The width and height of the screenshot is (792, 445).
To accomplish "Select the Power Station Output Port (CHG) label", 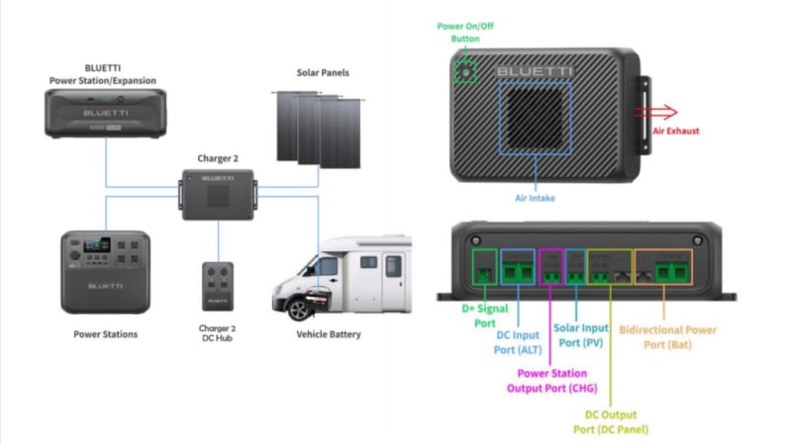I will coord(553,380).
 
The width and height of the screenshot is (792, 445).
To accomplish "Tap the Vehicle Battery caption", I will coord(329,335).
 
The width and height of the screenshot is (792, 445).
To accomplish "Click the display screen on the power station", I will coord(95,245).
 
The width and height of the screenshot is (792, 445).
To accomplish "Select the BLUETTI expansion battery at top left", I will coord(105,111).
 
